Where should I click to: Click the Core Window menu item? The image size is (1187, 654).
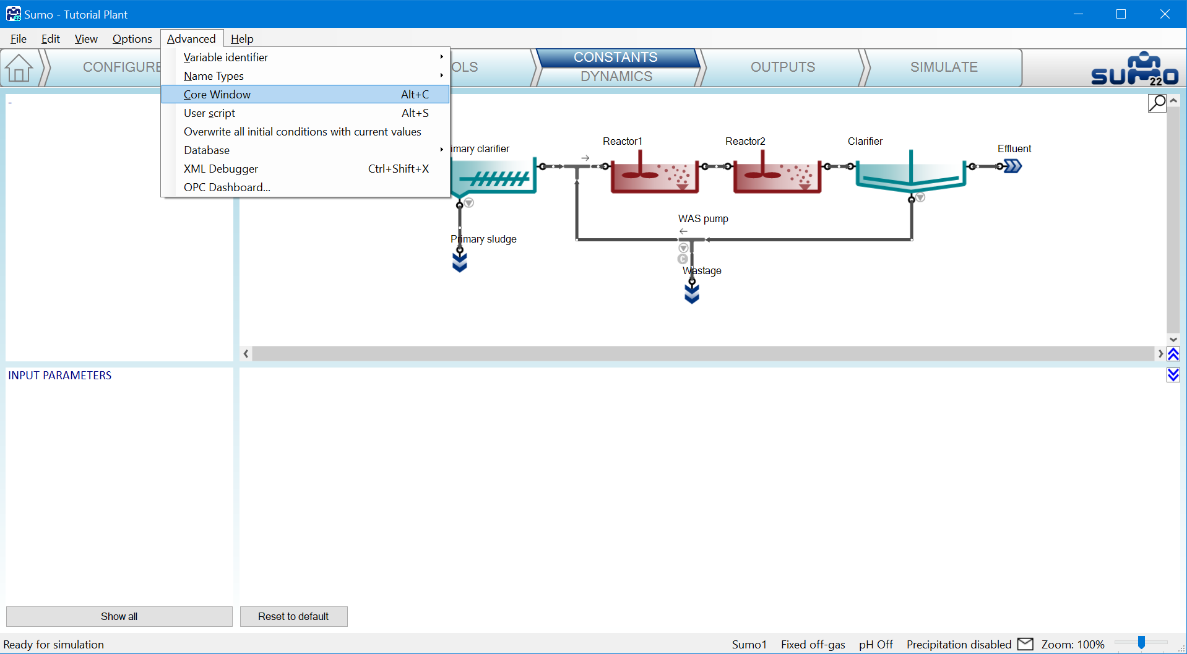(x=305, y=95)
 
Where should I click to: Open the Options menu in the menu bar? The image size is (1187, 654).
(x=132, y=39)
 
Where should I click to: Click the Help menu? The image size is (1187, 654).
(x=242, y=39)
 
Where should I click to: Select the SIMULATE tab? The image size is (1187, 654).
(x=943, y=67)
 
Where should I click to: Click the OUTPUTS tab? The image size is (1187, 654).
(x=783, y=67)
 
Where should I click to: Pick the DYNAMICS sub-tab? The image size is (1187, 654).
(x=616, y=77)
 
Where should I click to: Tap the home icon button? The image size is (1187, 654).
(x=19, y=68)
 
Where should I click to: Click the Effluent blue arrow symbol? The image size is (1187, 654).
(x=1012, y=166)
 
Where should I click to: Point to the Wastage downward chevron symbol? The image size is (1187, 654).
(x=692, y=293)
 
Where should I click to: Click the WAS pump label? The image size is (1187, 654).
(x=703, y=219)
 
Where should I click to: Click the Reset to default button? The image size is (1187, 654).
(x=294, y=616)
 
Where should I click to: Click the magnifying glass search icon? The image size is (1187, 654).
(x=1157, y=103)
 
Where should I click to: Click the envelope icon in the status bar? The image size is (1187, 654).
(x=1025, y=644)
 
